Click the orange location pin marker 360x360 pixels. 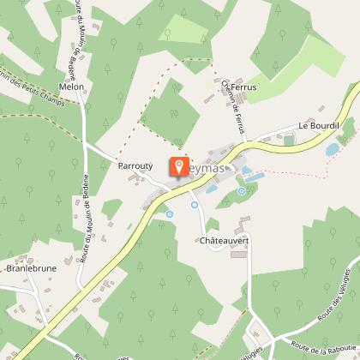(x=179, y=167)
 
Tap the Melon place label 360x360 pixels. (x=71, y=87)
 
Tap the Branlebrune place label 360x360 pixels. (x=30, y=267)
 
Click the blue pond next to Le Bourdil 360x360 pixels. (x=332, y=150)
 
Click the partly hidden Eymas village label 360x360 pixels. (x=202, y=171)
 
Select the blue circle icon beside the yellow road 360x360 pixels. (x=169, y=213)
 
